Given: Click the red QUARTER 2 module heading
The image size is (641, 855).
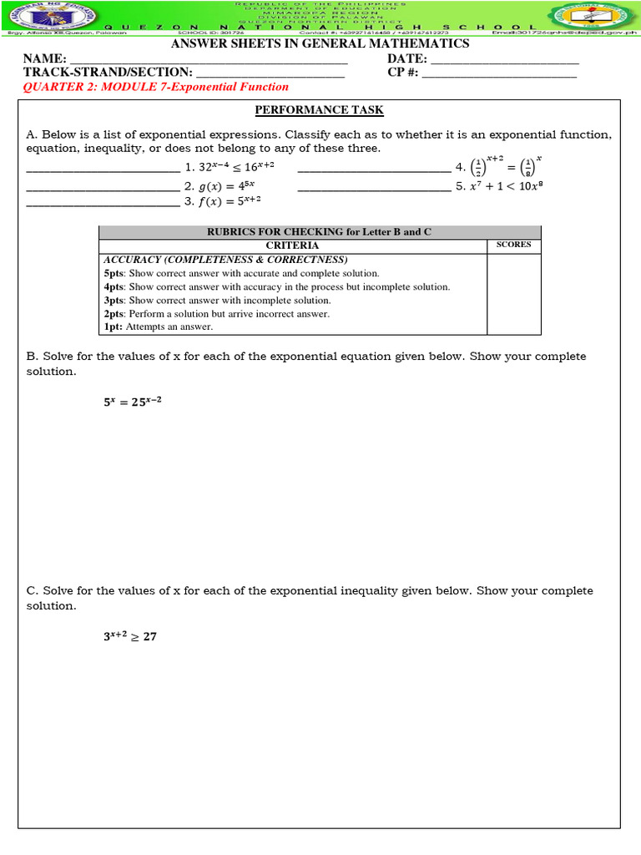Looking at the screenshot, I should [155, 87].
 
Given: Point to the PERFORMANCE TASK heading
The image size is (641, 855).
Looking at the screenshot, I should [319, 110].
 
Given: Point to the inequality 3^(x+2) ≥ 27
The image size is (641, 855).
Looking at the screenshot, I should [130, 636].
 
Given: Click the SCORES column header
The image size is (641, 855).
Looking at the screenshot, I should [513, 245].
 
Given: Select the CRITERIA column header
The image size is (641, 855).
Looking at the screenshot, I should [292, 245].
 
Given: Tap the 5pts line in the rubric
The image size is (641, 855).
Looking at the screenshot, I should [241, 273].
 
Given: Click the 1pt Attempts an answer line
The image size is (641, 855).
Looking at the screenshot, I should [159, 326].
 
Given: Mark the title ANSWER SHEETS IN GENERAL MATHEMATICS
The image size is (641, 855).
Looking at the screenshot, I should [320, 43].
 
